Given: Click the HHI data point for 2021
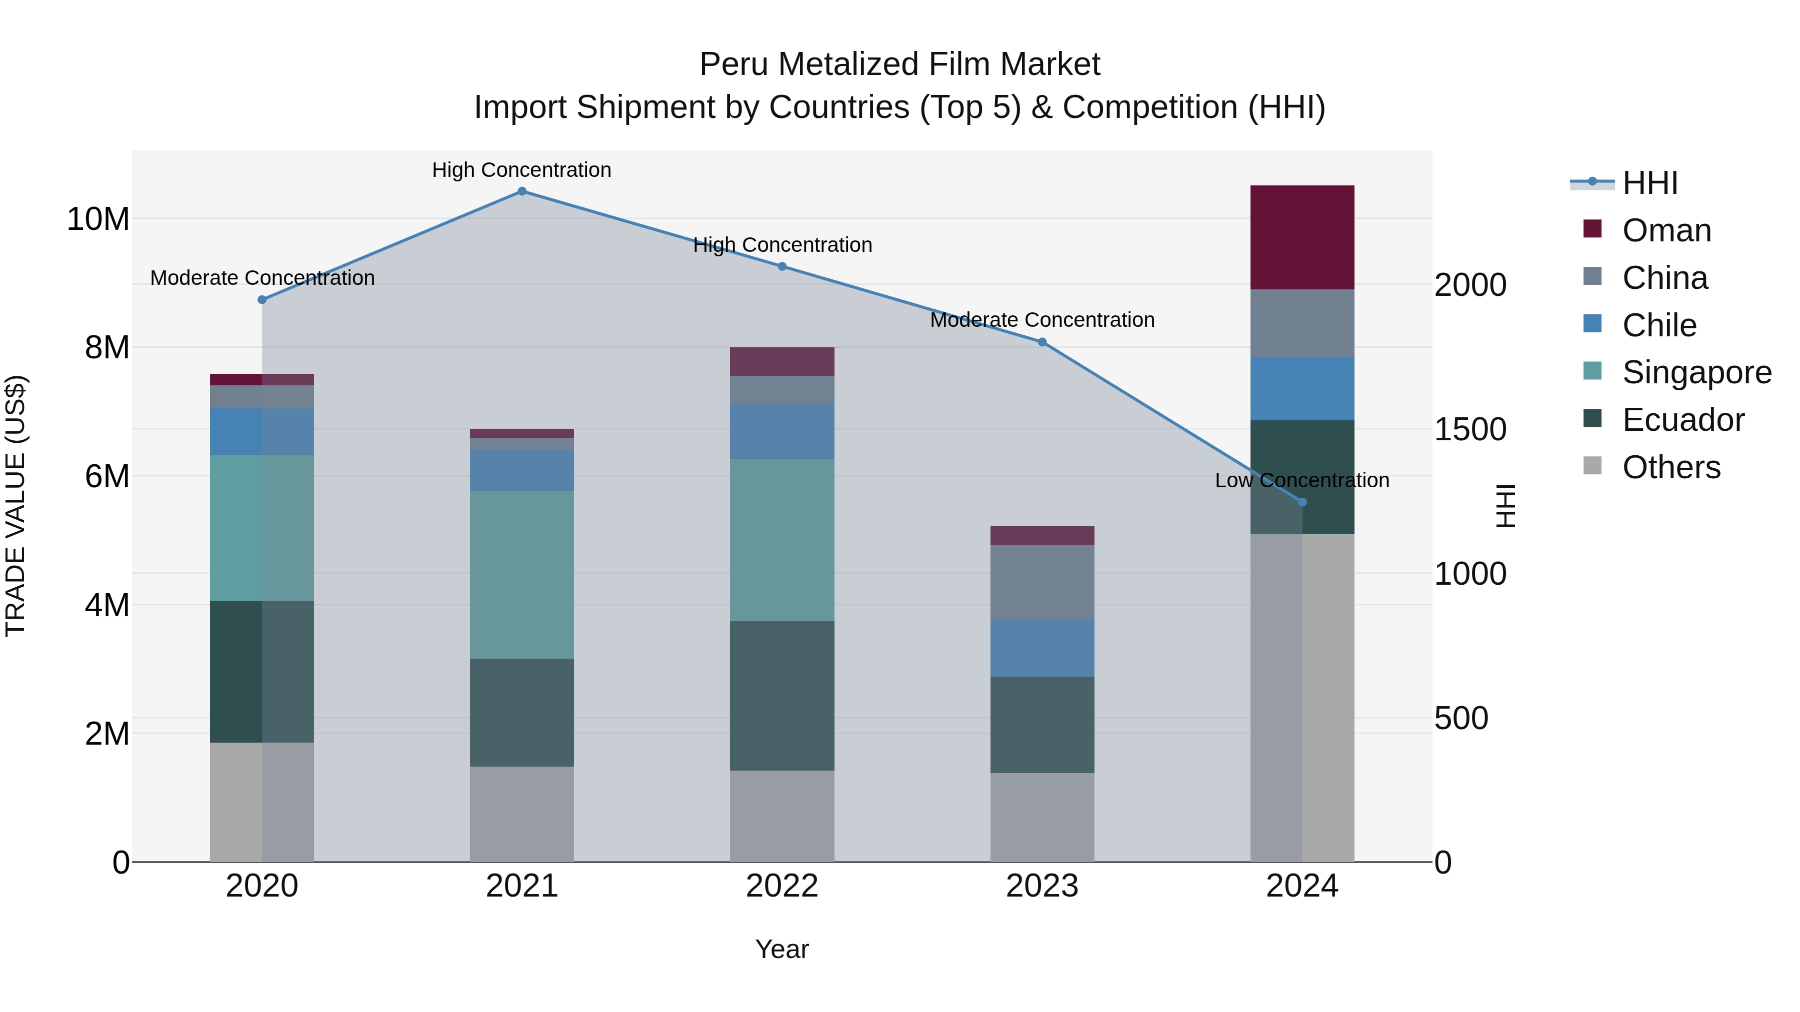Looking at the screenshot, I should (522, 191).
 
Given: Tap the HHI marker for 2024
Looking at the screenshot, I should (1302, 502).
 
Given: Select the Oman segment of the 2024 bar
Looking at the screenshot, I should (1302, 237).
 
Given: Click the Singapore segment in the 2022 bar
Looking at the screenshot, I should (782, 540).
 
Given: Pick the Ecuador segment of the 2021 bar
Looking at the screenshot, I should (522, 712).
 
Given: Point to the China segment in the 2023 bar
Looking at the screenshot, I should (1042, 582).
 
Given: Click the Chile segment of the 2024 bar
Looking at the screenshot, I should (1302, 388).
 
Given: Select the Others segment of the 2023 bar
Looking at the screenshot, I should (1042, 817).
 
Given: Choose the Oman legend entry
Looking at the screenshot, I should (1666, 230).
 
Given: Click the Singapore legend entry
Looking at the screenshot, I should (1696, 372).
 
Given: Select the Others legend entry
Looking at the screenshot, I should (1670, 467).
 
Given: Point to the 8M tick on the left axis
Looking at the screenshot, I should (107, 348).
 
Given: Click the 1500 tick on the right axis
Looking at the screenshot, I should (1470, 429).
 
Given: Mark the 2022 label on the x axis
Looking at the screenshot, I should (782, 886).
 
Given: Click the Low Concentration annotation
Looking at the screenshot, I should (1302, 480).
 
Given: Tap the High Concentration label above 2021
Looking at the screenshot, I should (522, 170).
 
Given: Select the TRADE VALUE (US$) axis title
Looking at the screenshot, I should (15, 506).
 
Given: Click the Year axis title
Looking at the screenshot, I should (782, 949).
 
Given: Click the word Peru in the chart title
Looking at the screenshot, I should (733, 64).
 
